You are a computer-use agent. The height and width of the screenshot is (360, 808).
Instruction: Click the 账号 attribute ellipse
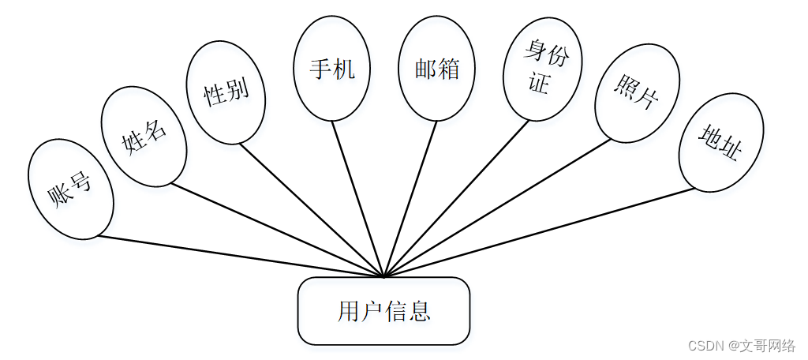tap(70, 189)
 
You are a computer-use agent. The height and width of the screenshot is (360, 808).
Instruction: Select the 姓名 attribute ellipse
tap(144, 137)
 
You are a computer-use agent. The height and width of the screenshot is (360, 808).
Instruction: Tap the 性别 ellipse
tap(226, 93)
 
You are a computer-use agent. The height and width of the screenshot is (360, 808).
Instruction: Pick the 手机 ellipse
tap(331, 69)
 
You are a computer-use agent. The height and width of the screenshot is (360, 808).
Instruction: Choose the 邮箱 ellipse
tap(437, 69)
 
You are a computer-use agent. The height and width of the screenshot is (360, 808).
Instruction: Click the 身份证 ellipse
tap(542, 69)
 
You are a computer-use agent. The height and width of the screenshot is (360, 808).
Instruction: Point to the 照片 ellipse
tap(637, 93)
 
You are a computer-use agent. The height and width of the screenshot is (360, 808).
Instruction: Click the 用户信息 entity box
tap(383, 311)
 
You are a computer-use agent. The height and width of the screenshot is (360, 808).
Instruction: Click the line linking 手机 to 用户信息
tap(357, 199)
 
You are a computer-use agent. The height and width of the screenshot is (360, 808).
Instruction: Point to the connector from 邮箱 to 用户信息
tap(410, 199)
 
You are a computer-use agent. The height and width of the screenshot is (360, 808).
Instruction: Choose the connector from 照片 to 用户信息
tap(497, 208)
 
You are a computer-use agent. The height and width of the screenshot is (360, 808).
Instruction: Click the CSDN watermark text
tap(742, 346)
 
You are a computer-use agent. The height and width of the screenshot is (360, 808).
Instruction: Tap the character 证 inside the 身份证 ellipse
tap(538, 83)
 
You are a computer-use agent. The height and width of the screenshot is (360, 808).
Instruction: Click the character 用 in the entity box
tap(348, 312)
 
